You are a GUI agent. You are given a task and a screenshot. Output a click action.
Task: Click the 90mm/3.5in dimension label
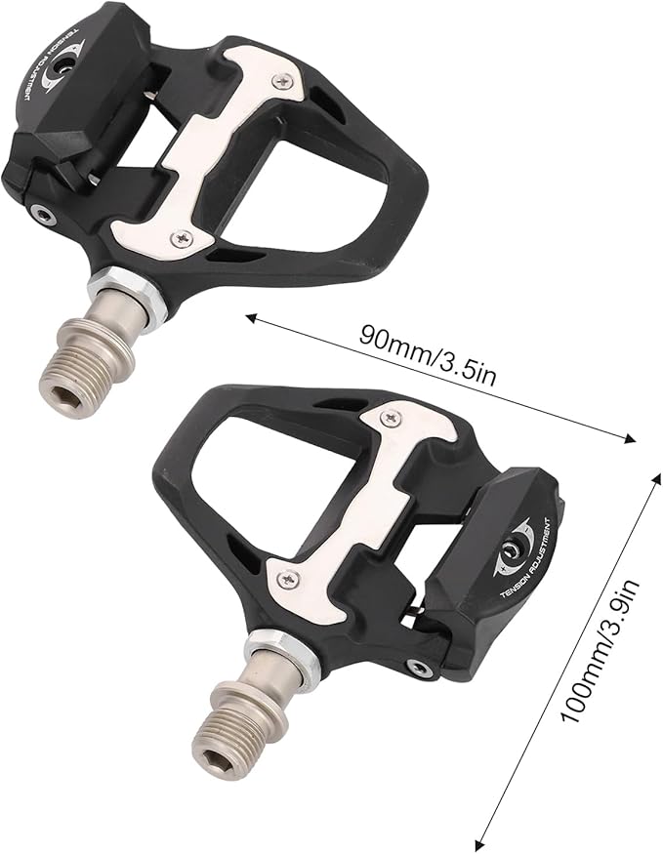428,355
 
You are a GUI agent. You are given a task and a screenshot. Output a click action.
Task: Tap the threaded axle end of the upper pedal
86,369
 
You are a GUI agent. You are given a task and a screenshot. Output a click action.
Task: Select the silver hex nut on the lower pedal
276,649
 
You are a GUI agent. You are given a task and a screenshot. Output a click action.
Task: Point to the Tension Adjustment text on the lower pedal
524,565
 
